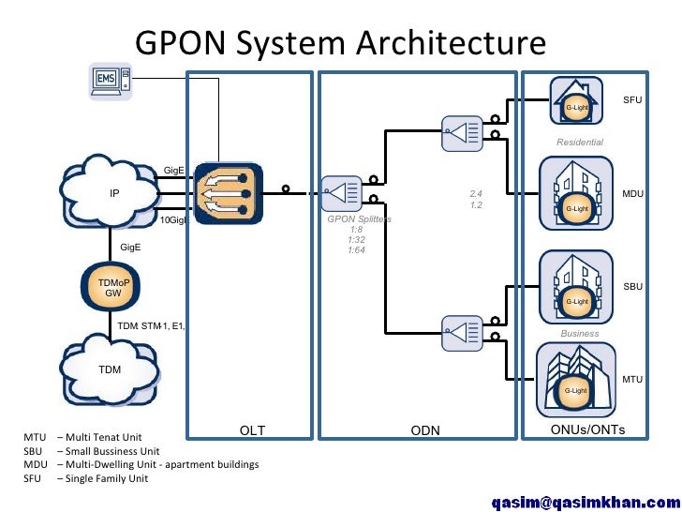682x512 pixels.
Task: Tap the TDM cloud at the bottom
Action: coord(111,369)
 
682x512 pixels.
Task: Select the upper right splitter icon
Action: coord(460,131)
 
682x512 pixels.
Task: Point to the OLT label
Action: coord(252,430)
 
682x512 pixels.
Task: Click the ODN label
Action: coord(425,430)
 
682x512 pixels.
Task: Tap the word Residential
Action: coord(580,143)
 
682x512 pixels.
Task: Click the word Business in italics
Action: coord(579,333)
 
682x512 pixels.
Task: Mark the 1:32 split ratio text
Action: coord(356,239)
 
